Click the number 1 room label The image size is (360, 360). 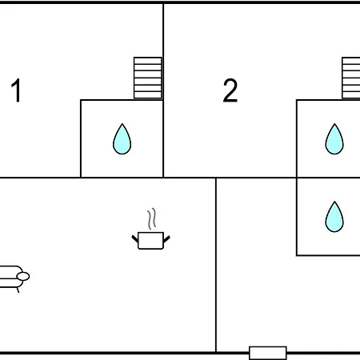point(16,90)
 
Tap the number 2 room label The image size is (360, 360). point(230,90)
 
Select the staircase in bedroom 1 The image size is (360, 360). point(148,78)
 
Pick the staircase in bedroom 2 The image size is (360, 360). point(351,78)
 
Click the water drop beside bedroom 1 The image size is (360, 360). point(122,139)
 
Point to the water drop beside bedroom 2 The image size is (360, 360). point(334,139)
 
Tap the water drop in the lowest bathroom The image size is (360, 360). point(334,217)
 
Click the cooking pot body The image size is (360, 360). point(150,241)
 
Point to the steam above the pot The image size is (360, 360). point(151,218)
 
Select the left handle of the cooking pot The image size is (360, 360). point(135,238)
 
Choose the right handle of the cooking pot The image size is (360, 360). point(166,239)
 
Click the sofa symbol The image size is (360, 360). point(14,278)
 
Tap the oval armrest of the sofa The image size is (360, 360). point(23,277)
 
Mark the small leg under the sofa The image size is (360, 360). point(18,290)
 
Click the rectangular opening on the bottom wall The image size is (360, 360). point(268,353)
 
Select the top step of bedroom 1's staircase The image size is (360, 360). point(148,61)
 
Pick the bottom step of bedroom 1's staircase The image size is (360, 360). point(148,95)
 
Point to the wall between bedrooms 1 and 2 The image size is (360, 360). point(163,90)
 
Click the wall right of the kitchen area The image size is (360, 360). point(216,266)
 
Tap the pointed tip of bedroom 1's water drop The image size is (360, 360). point(122,124)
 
